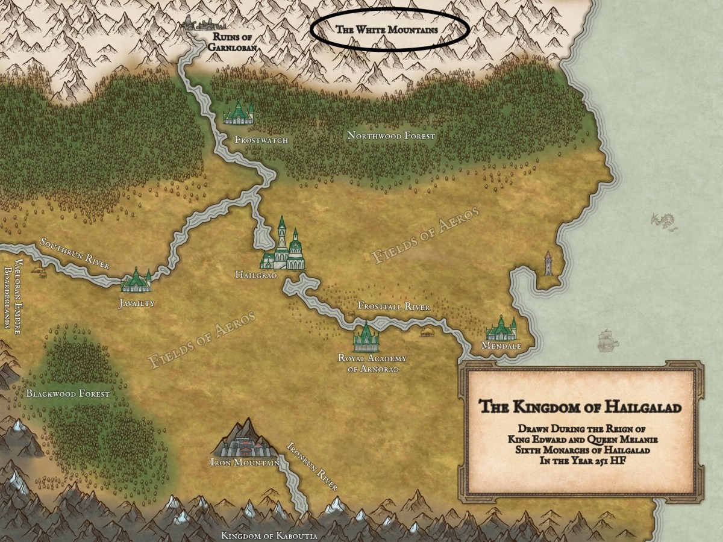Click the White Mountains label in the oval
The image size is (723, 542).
coord(386,29)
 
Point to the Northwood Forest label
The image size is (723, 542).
coord(390,136)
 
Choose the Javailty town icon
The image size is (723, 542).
coord(137,281)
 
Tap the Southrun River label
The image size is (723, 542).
coord(74,254)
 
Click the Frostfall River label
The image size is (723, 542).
coord(393,307)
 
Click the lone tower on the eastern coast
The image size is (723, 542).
coord(548,263)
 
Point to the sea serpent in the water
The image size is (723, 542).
coord(663,221)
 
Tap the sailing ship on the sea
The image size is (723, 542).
coord(608,340)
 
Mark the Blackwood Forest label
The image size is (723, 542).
coord(67,394)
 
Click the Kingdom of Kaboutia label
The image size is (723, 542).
coord(269,535)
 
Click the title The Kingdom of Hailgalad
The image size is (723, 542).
coord(580,408)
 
